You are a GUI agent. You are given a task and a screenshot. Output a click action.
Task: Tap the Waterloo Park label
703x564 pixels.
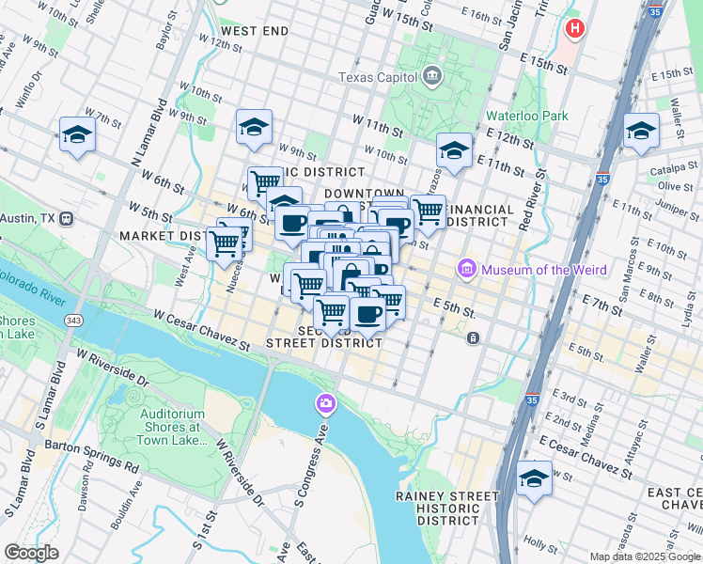(x=526, y=116)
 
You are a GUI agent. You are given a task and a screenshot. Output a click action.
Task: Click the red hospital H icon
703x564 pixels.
(x=573, y=29)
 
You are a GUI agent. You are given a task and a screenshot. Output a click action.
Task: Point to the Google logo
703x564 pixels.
(x=31, y=553)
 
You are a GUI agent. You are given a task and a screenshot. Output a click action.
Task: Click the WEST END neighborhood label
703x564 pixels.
(x=255, y=31)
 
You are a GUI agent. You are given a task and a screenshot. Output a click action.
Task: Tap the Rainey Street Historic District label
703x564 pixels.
(x=447, y=508)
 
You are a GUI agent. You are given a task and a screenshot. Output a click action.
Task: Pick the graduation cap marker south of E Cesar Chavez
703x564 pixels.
(x=534, y=478)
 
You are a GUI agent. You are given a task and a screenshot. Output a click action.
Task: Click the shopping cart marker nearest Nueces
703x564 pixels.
(x=224, y=243)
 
